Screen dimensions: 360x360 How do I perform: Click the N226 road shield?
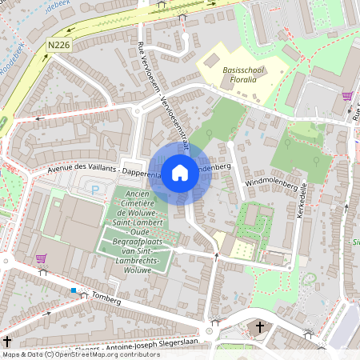pos(59,46)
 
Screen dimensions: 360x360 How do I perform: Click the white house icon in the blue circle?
pos(180,172)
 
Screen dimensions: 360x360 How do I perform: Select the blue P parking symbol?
pos(95,190)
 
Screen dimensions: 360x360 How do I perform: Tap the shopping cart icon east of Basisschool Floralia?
pos(347,97)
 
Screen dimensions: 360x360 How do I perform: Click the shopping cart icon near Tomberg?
pos(41,258)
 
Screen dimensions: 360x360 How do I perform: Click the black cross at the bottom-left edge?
pos(7,342)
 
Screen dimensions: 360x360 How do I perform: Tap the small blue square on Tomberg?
pos(74,290)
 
